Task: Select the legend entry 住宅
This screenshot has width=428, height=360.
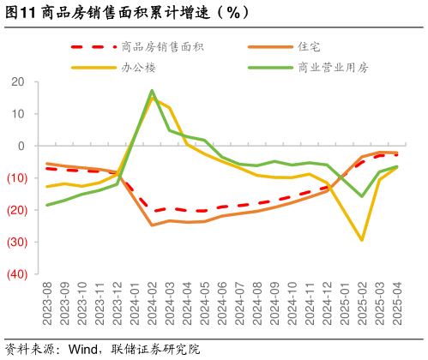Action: [309, 46]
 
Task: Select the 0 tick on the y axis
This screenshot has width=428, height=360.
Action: [21, 146]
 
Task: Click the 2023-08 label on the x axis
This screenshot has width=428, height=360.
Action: [47, 304]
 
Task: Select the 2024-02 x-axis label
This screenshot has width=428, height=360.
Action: [152, 304]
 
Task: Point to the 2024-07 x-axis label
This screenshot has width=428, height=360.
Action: [239, 304]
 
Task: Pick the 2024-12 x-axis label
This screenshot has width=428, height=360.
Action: [327, 304]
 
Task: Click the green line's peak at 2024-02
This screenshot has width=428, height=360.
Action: [152, 90]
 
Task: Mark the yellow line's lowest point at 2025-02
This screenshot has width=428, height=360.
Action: [362, 240]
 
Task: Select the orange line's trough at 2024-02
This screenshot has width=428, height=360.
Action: [152, 225]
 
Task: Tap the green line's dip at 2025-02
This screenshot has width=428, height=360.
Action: [362, 196]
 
